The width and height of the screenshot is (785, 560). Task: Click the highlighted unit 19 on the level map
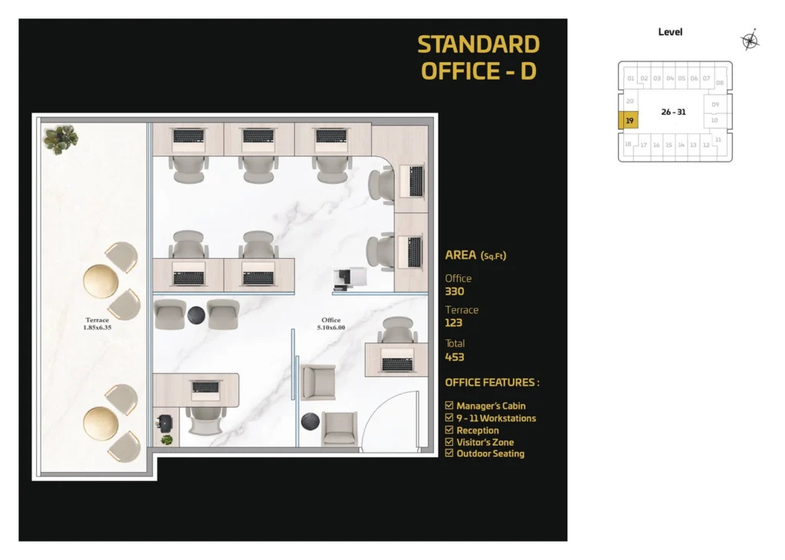(x=629, y=120)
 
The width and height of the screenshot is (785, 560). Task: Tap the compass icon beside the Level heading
(x=750, y=41)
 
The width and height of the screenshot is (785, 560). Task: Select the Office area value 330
(x=455, y=291)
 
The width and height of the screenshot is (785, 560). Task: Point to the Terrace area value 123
(x=454, y=323)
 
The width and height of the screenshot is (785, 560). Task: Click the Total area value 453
(x=455, y=357)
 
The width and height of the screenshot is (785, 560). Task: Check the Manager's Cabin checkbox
(x=449, y=405)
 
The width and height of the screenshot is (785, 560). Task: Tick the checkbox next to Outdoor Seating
(x=449, y=454)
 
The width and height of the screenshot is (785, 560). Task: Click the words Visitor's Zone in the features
(x=484, y=442)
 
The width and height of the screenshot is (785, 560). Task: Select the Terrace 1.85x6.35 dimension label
(x=97, y=323)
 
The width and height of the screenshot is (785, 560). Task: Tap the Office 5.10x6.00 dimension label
(x=331, y=323)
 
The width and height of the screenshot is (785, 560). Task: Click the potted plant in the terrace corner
(x=60, y=139)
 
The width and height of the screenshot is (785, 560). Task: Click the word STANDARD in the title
(x=478, y=44)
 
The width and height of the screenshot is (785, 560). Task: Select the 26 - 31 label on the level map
(x=672, y=112)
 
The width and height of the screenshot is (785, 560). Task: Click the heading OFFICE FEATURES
(x=491, y=382)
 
